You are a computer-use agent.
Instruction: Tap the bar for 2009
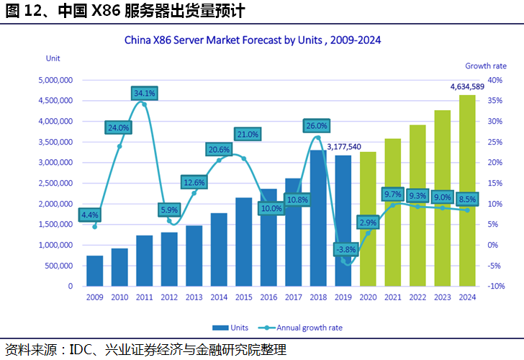(94, 271)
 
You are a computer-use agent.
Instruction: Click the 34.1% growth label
(144, 93)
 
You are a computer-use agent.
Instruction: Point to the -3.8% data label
(344, 250)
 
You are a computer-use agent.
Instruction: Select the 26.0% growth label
(317, 125)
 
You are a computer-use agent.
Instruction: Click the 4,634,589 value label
(467, 86)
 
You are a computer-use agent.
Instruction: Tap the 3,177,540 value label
(344, 147)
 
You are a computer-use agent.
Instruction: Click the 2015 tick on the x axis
(243, 297)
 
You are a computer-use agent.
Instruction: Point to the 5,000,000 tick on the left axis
(55, 81)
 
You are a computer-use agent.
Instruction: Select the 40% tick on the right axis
(494, 81)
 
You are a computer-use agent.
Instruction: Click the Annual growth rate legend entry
(302, 328)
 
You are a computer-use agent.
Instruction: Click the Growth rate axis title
(485, 66)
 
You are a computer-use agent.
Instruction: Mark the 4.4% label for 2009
(90, 215)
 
